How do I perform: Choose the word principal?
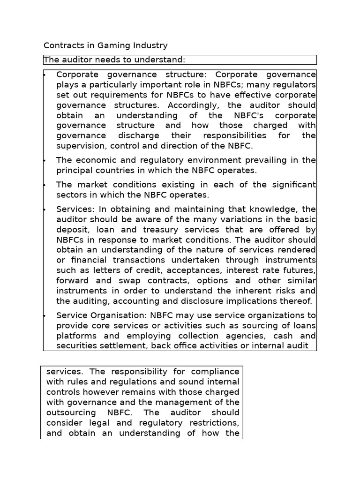75,171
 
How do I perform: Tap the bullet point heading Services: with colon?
75,209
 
